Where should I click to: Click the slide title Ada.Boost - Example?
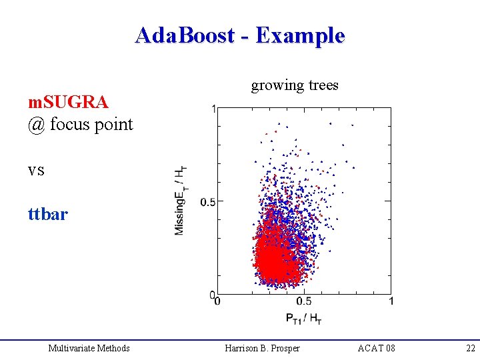coord(239,35)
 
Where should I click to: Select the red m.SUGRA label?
coord(67,102)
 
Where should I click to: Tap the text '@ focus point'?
coord(80,124)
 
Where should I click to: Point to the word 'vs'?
coord(36,170)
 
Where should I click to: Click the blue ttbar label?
coord(47,215)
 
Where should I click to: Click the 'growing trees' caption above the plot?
coord(294,85)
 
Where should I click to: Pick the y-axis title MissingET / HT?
coord(181,200)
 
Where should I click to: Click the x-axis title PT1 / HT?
coord(304,318)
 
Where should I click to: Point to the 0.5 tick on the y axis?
coord(207,201)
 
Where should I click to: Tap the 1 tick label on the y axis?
coord(213,109)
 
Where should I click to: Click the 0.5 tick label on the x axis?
coord(303,302)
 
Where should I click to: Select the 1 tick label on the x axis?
coord(391,302)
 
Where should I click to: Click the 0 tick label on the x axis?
coord(217,302)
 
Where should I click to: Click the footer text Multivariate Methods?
coord(89,348)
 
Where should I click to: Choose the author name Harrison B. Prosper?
coord(262,348)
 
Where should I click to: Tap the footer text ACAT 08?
coord(376,348)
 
